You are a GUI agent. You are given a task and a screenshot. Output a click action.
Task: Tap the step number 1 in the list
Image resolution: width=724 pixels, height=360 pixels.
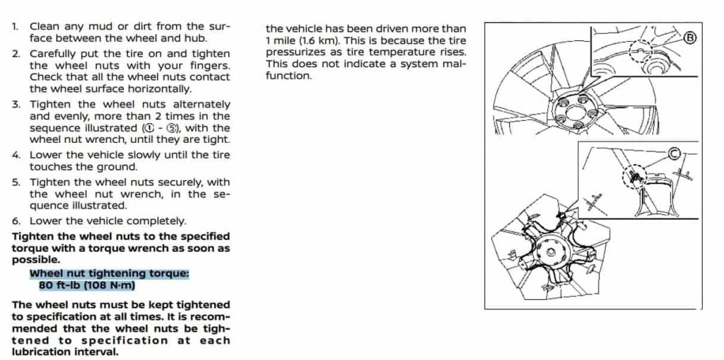pyautogui.click(x=16, y=27)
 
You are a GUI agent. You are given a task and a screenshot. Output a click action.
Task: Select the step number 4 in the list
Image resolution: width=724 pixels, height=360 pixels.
pyautogui.click(x=16, y=155)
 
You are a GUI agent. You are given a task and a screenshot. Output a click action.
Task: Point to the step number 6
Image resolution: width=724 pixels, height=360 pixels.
pyautogui.click(x=16, y=220)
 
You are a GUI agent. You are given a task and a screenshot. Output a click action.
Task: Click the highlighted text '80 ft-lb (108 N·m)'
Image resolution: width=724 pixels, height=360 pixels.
pyautogui.click(x=87, y=286)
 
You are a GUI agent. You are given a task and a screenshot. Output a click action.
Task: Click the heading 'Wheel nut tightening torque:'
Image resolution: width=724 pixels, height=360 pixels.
pyautogui.click(x=110, y=274)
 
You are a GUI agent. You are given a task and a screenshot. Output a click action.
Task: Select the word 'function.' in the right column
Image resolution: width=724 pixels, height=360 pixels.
pyautogui.click(x=288, y=76)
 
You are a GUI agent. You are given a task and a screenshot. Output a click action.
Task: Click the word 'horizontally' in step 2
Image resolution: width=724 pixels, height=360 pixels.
pyautogui.click(x=160, y=89)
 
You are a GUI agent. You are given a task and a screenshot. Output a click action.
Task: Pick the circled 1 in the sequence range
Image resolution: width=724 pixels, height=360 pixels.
pyautogui.click(x=151, y=128)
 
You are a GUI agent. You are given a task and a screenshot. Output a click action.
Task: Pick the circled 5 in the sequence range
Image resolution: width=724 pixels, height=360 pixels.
pyautogui.click(x=172, y=128)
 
